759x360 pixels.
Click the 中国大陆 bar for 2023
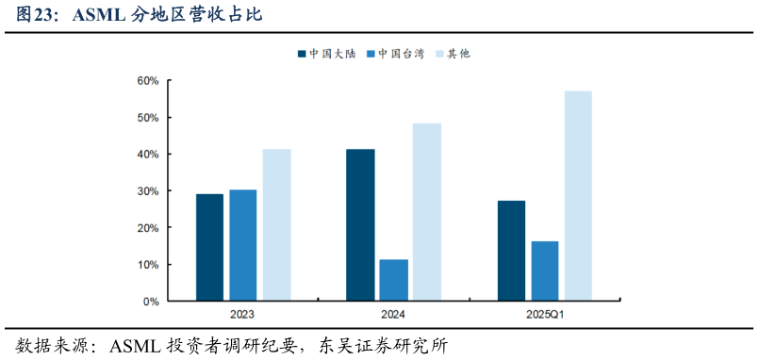click(209, 247)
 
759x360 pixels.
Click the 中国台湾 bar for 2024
click(393, 280)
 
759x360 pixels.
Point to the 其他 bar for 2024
click(426, 212)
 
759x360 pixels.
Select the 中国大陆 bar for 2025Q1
click(511, 251)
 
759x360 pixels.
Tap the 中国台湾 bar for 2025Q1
click(544, 270)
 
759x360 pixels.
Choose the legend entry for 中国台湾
click(401, 54)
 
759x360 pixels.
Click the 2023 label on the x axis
click(241, 315)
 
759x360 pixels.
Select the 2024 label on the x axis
click(393, 315)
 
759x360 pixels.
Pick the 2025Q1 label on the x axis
click(544, 315)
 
